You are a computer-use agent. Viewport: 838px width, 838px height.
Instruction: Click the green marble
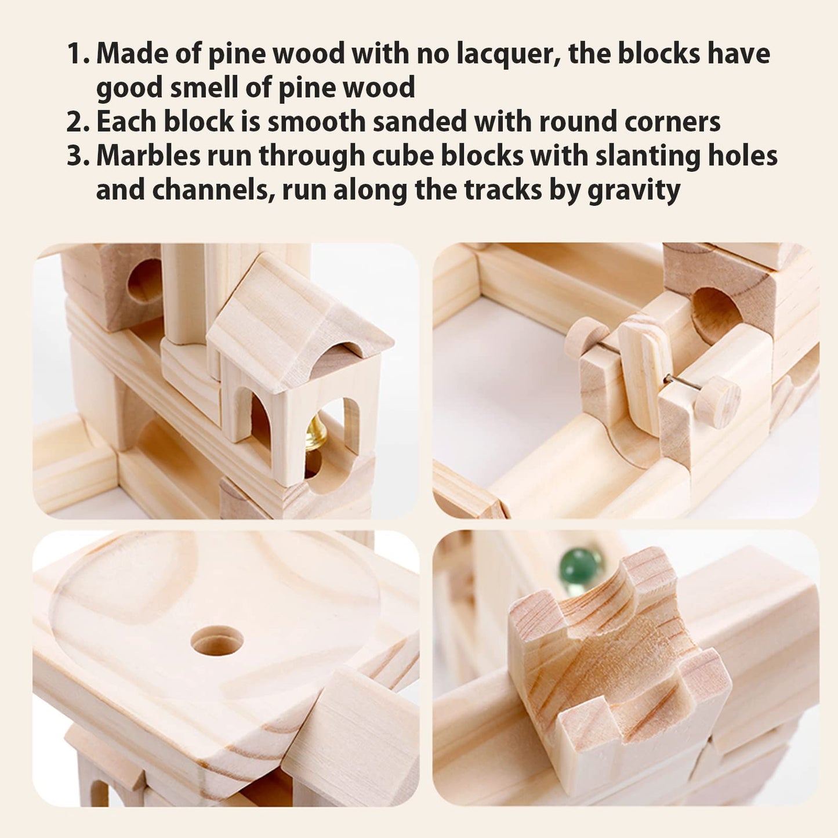click(x=573, y=566)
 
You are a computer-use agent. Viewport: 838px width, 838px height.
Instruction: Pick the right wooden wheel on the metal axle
click(x=718, y=400)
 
